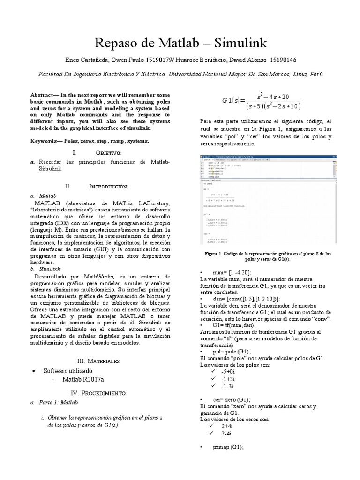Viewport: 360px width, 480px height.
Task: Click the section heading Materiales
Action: pyautogui.click(x=104, y=361)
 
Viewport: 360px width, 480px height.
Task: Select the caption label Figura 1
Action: pyautogui.click(x=215, y=254)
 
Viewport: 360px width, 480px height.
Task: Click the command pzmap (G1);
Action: pyautogui.click(x=228, y=447)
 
